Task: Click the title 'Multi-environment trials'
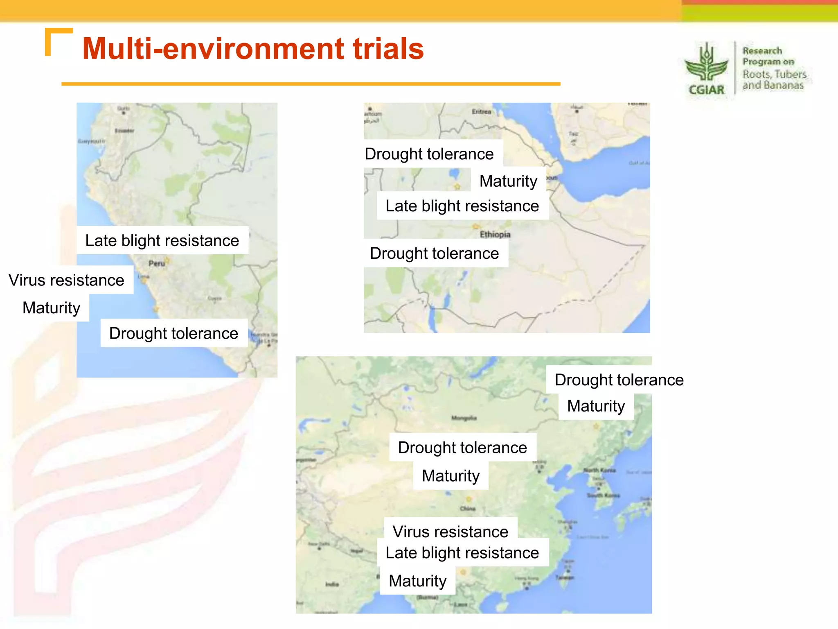tap(253, 49)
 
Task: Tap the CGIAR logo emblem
tap(706, 68)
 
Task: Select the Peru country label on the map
tap(157, 263)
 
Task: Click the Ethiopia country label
tap(495, 234)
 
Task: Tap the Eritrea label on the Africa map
tap(481, 111)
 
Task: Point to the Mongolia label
tap(464, 418)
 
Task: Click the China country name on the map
tap(468, 509)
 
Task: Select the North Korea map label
tap(599, 470)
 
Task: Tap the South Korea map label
tap(603, 496)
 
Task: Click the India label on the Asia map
tap(332, 584)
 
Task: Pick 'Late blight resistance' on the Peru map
tap(162, 240)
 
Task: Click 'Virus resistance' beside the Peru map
tap(66, 280)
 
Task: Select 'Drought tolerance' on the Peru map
tap(173, 333)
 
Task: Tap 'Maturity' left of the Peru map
tap(52, 308)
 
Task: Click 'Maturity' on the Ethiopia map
tap(508, 181)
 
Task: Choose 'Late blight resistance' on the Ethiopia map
tap(462, 206)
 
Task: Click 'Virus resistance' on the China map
tap(450, 531)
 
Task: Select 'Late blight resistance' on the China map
tap(462, 553)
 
